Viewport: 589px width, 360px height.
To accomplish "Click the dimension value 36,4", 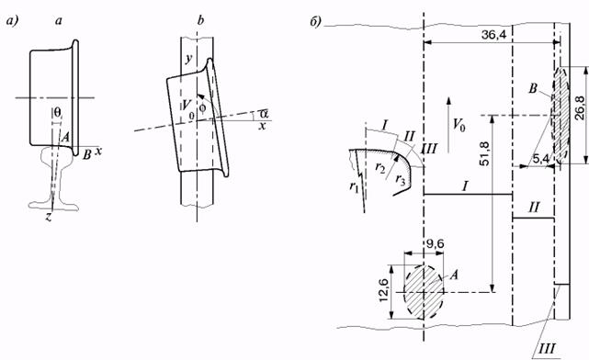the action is (x=493, y=35).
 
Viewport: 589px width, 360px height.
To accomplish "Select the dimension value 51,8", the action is (x=485, y=154).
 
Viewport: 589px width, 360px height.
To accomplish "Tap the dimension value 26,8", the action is (x=580, y=108).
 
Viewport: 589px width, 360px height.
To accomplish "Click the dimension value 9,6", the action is (x=434, y=244).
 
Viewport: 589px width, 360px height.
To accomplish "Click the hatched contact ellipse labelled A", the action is (x=424, y=292).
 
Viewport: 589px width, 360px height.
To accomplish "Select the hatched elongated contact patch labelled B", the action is (x=561, y=115).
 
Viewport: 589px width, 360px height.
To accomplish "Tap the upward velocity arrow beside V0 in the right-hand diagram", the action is (x=447, y=125).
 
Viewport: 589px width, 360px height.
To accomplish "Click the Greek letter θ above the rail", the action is (x=57, y=111).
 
